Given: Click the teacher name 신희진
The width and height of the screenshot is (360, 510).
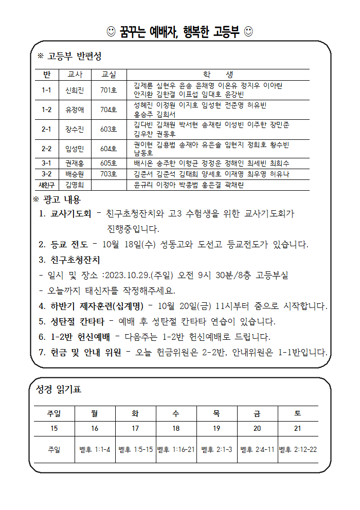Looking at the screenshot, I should tap(75, 90).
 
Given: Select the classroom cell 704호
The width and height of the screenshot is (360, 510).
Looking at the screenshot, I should tap(109, 110).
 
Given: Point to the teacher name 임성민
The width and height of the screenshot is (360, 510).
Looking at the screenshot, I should tap(75, 149).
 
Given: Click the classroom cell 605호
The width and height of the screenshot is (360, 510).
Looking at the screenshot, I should tap(109, 163).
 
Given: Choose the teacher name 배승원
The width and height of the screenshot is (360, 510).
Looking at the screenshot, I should tap(75, 174).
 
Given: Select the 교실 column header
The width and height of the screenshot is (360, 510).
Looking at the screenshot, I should tap(109, 75).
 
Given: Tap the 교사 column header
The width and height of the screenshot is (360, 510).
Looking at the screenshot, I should tap(75, 75).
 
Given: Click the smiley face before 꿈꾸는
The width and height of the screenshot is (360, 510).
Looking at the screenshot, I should tap(111, 32).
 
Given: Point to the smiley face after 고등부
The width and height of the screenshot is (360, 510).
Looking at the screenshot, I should tap(248, 32).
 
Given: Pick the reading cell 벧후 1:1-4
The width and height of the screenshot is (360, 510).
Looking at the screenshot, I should tap(95, 449).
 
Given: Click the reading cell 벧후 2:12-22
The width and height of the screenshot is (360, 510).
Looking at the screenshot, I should tap(298, 449).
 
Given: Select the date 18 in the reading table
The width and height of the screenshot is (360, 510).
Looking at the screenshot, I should tap(176, 428).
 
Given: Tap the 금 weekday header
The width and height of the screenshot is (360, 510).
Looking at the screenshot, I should tap(257, 413).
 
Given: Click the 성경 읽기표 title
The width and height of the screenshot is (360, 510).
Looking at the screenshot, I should tap(59, 390).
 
